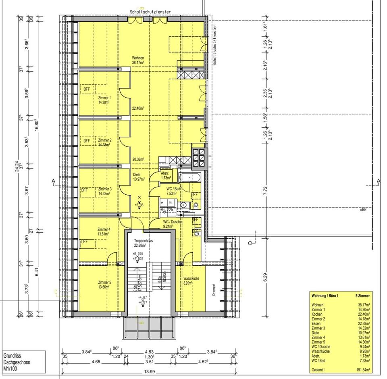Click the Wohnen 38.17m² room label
[138, 60]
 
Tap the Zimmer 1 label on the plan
[104, 100]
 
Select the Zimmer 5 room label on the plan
[104, 285]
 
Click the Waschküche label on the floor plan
[191, 281]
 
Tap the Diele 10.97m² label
[139, 177]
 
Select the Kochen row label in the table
[317, 314]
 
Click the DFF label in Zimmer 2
[86, 141]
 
